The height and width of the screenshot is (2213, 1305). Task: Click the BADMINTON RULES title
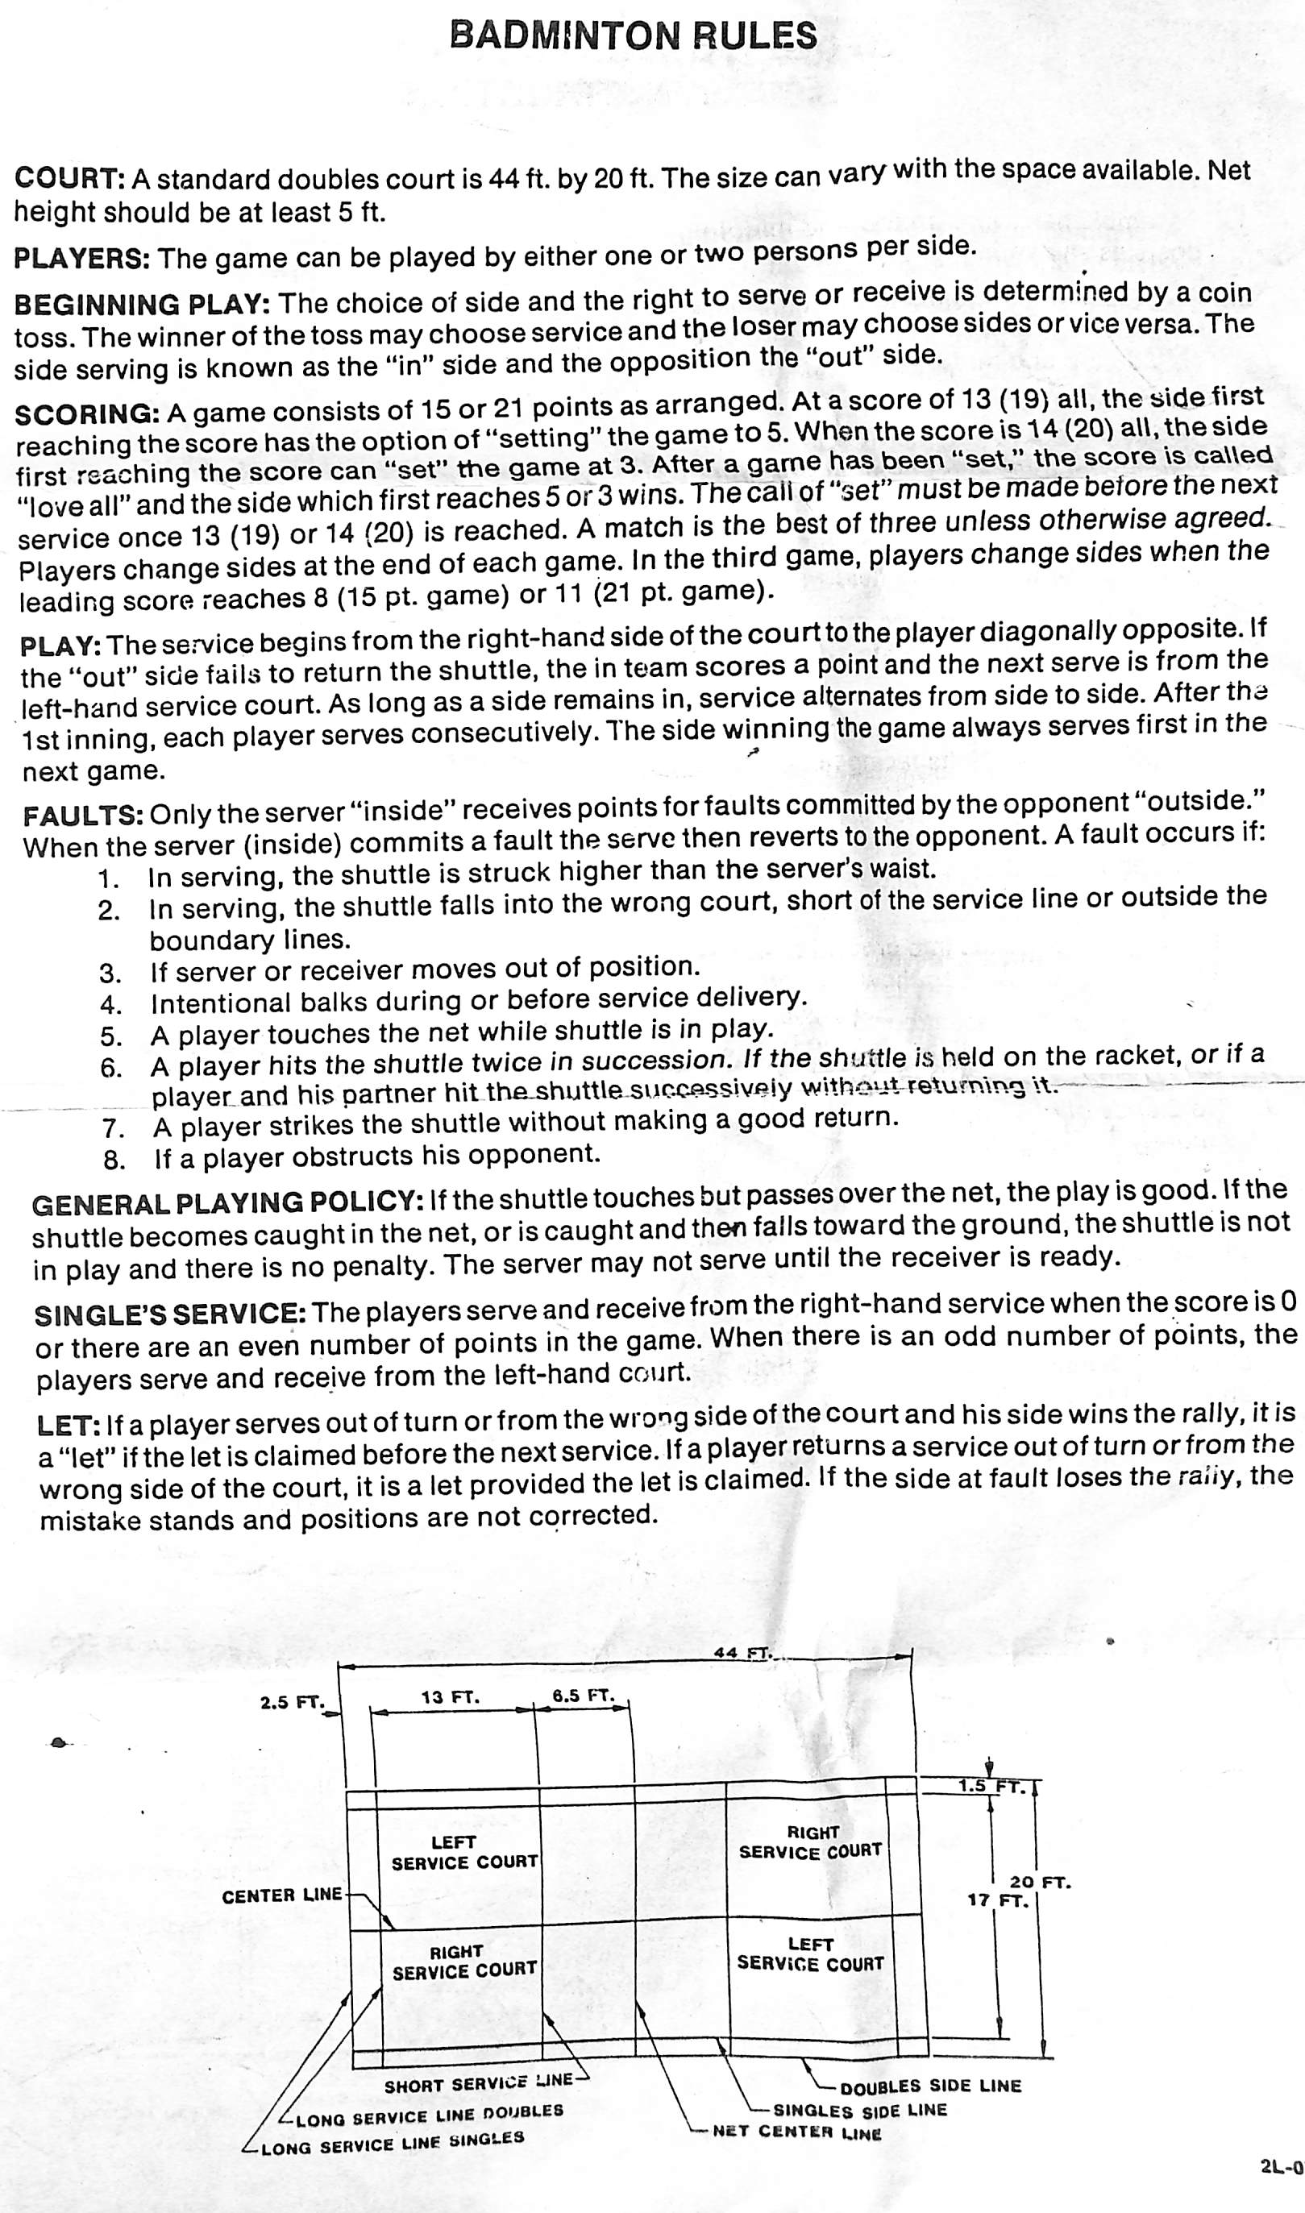click(633, 35)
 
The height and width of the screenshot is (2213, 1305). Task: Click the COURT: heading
click(69, 178)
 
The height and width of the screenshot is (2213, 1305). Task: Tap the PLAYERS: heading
click(81, 259)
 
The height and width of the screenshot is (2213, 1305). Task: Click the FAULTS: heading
click(83, 815)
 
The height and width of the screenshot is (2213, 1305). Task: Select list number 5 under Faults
click(110, 1036)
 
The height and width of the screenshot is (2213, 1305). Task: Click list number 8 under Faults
click(114, 1160)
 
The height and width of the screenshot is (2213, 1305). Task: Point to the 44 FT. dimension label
click(742, 1653)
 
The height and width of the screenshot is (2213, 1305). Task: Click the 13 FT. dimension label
click(451, 1697)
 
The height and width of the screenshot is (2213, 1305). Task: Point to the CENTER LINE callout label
click(281, 1895)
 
